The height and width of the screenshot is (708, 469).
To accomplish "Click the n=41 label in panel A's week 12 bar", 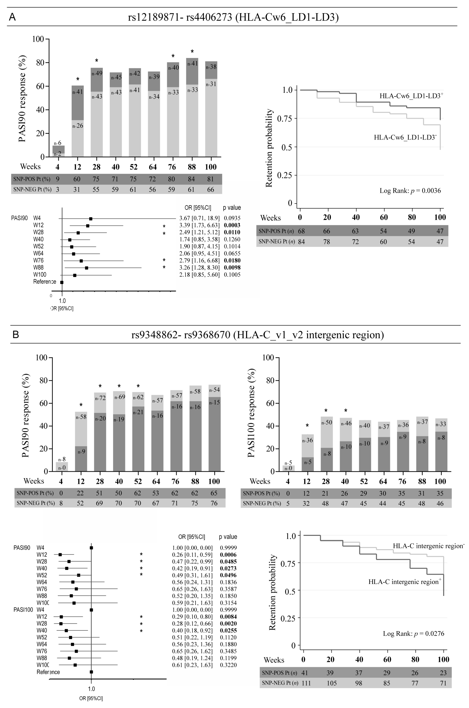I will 78,92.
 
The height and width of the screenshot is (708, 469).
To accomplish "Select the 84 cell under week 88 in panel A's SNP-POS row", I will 191,179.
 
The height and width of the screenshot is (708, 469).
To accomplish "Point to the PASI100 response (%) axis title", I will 251,413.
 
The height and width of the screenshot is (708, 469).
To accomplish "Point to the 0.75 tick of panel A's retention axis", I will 285,118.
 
